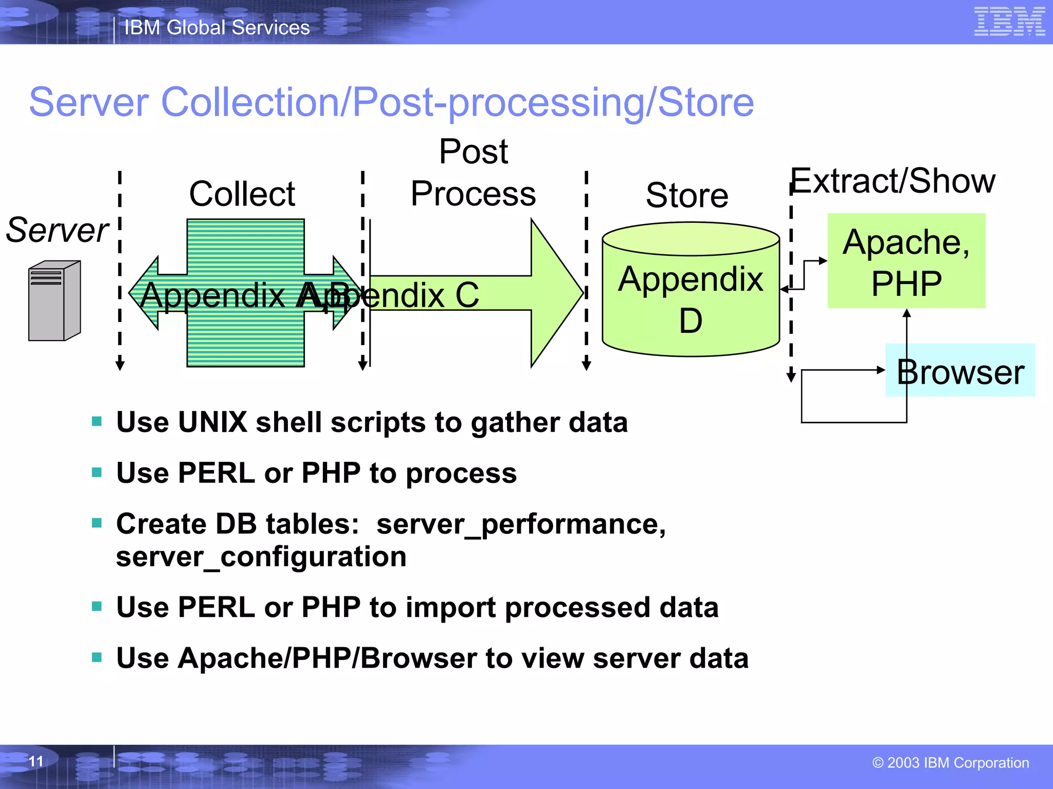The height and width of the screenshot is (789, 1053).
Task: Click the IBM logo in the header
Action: [x=1009, y=22]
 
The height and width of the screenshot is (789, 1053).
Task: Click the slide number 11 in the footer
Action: [x=36, y=761]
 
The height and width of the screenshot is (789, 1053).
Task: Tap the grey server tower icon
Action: [x=54, y=301]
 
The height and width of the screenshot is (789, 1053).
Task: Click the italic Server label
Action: [x=57, y=230]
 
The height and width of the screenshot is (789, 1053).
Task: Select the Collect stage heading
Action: [x=242, y=194]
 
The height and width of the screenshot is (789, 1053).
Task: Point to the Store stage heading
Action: [x=687, y=196]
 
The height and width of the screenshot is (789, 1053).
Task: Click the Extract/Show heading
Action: [x=893, y=181]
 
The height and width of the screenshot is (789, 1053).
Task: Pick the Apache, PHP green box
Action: [x=906, y=261]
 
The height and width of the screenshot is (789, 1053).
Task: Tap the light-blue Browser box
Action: [x=960, y=371]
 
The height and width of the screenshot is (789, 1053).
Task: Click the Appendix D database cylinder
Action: [x=691, y=290]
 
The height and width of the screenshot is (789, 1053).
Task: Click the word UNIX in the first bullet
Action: [x=212, y=422]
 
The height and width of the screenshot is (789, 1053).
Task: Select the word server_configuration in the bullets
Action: [x=261, y=557]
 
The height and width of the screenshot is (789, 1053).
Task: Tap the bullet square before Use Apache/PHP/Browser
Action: [x=97, y=657]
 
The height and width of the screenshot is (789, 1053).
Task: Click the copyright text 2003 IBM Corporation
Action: [x=951, y=763]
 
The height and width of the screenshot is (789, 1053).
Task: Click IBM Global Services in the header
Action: [x=217, y=27]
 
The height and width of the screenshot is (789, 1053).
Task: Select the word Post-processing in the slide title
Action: [x=498, y=103]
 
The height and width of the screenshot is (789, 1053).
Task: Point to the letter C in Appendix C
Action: [x=466, y=295]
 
